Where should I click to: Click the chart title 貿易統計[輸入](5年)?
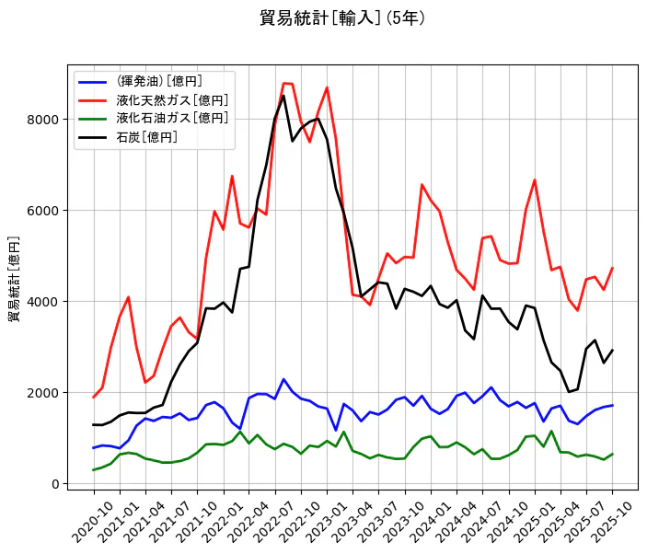[x=341, y=18]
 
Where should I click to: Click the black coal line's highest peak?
[x=283, y=96]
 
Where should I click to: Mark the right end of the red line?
[x=612, y=268]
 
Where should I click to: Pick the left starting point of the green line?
[x=94, y=470]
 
